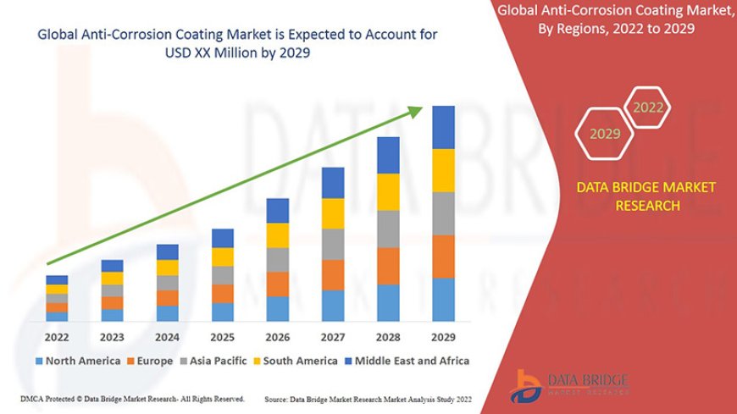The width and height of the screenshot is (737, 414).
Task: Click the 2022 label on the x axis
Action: click(58, 337)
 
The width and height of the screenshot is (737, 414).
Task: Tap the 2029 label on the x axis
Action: click(443, 337)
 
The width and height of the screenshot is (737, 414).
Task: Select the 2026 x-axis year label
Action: click(278, 337)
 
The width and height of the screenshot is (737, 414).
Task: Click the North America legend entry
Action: click(77, 361)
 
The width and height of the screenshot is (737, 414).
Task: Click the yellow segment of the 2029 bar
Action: click(443, 170)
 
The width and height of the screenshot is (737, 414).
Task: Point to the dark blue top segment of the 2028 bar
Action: click(388, 155)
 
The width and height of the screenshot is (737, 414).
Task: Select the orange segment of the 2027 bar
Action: click(333, 275)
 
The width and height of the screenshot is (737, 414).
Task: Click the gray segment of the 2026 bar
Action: click(278, 259)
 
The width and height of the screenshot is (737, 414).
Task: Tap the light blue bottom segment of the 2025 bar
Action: click(223, 312)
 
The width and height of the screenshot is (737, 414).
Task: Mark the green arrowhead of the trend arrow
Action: click(418, 111)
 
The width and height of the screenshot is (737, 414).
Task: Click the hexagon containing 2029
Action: click(605, 134)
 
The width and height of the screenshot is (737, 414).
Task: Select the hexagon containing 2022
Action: click(648, 108)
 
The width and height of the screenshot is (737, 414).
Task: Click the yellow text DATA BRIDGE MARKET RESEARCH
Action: click(646, 196)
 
